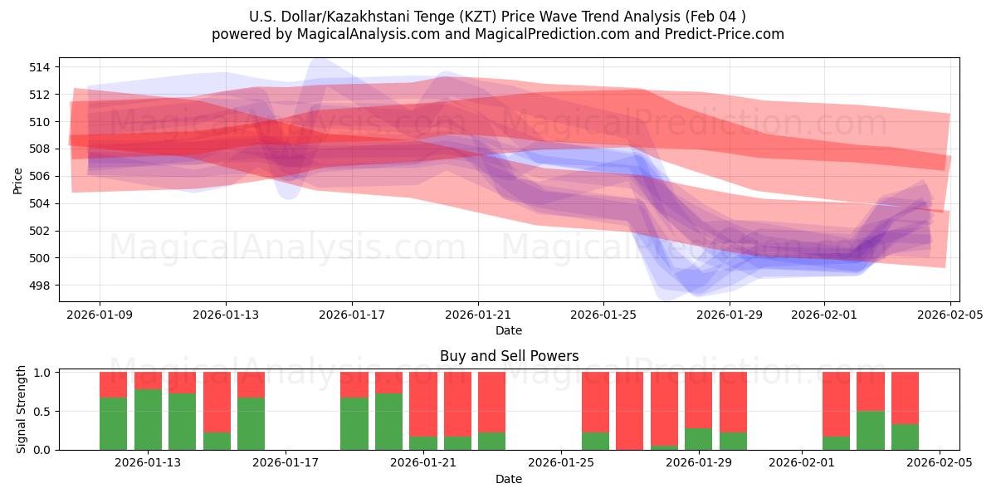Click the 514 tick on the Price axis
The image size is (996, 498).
tap(41, 67)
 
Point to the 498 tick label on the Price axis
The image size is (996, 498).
tap(41, 286)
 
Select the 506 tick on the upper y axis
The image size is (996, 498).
tap(41, 176)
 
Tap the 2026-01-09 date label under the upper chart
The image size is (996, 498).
tap(100, 315)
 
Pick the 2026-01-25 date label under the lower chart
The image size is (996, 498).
tap(561, 463)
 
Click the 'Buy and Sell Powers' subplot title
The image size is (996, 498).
tap(509, 356)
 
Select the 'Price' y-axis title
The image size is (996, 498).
tap(18, 180)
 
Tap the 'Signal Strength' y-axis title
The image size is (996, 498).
tap(22, 410)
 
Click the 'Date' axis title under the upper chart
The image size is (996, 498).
tap(509, 330)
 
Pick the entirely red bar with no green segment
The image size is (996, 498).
tap(630, 411)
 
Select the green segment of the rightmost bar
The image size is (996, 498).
tap(905, 437)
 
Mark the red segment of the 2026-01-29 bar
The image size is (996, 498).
tap(699, 399)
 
